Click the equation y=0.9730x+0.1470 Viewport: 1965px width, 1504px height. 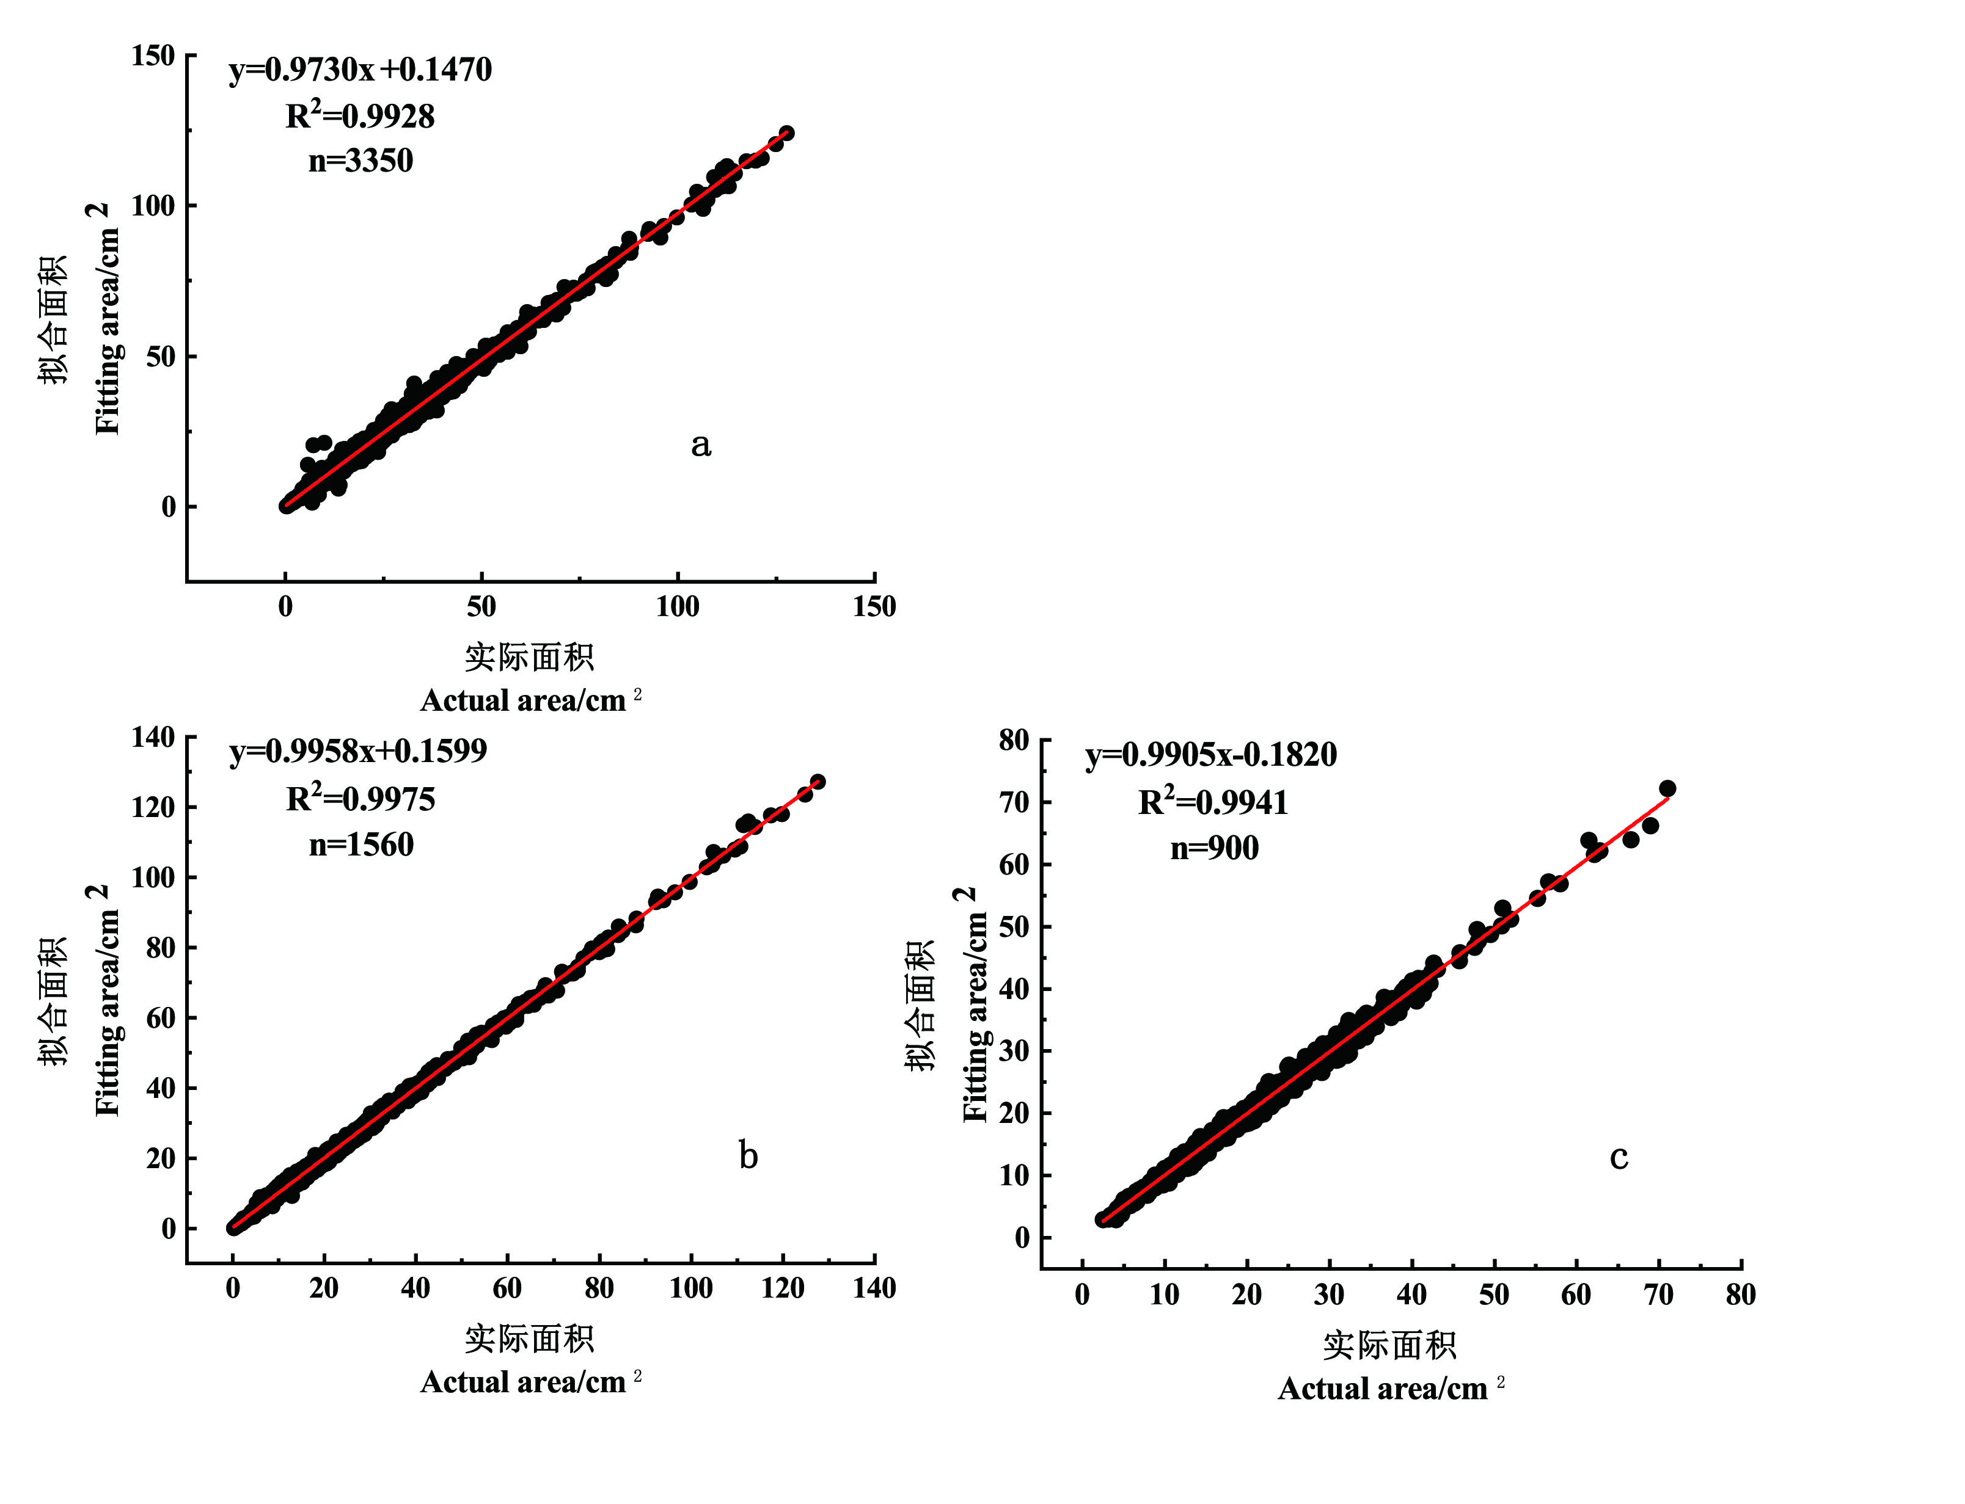tap(360, 70)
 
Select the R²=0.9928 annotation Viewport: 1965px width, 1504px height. tap(360, 117)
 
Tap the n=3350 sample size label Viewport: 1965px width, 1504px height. tap(360, 161)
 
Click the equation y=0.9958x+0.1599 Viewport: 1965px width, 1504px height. tap(358, 750)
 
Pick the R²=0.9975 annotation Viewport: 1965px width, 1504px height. tap(360, 799)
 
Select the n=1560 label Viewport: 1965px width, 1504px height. tap(361, 845)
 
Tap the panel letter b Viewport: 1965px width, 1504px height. tap(748, 1156)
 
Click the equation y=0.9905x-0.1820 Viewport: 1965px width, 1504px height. tap(1211, 755)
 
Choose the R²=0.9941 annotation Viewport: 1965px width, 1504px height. tap(1213, 802)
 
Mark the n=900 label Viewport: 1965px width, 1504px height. tap(1215, 848)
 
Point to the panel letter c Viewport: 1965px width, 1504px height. tap(1619, 1157)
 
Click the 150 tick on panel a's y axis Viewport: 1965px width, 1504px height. tap(153, 56)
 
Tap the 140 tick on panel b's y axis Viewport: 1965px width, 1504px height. tap(153, 737)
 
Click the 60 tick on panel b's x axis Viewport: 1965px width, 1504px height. tap(507, 1288)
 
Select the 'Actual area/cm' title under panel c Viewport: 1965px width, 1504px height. tap(1382, 1389)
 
